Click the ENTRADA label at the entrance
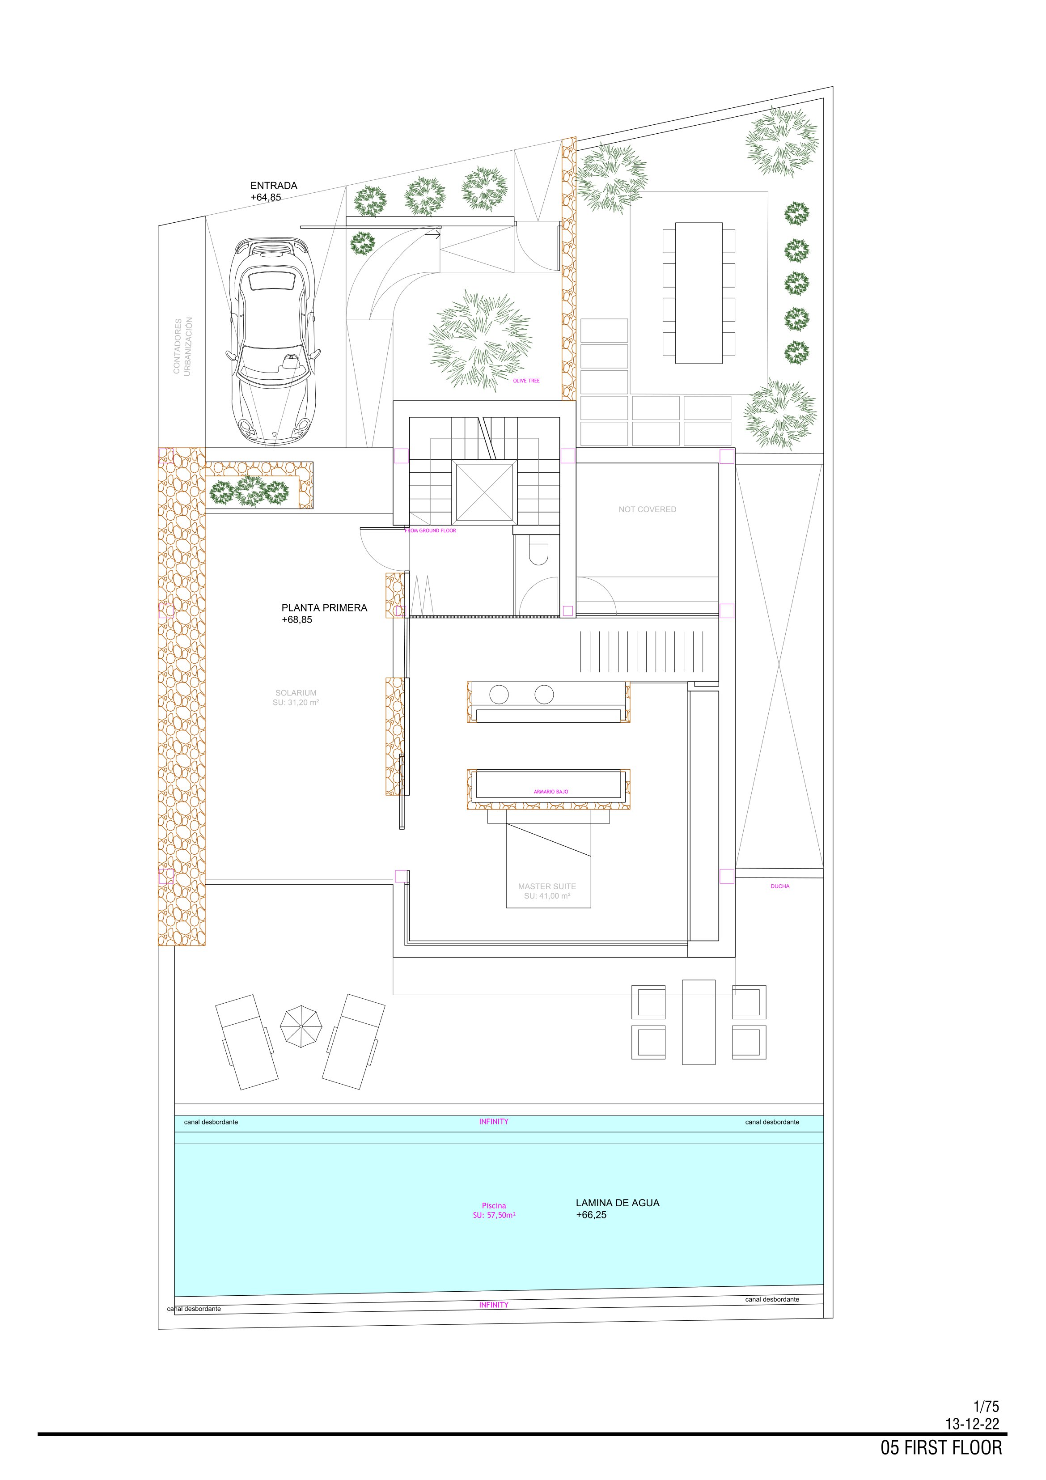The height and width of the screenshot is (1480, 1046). (273, 186)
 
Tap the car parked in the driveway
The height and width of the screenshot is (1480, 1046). (273, 342)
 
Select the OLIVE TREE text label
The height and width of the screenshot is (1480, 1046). (526, 381)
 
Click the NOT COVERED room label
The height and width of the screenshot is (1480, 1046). (647, 509)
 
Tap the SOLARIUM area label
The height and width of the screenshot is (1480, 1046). (296, 693)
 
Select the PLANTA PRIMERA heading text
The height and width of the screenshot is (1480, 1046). (324, 608)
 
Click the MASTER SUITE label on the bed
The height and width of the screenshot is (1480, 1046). (546, 886)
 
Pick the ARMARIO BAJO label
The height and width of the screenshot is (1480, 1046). (551, 792)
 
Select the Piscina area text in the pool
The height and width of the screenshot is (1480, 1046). (494, 1205)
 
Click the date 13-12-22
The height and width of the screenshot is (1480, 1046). (972, 1424)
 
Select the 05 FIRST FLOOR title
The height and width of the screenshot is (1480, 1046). (941, 1448)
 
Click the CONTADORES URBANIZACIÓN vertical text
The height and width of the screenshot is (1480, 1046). (182, 346)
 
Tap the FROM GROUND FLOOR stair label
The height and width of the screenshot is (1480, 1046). (430, 530)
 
